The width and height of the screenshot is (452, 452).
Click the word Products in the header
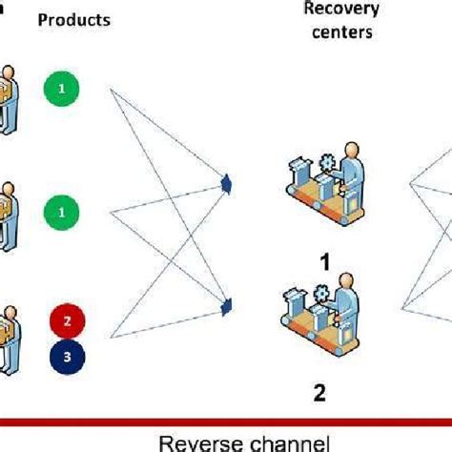click(72, 19)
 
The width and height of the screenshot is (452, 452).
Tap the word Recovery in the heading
click(340, 9)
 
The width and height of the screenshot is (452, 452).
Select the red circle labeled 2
click(66, 321)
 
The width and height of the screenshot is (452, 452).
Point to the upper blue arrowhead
click(226, 180)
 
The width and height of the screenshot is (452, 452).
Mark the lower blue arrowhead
click(226, 306)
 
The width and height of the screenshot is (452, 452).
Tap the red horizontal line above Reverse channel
click(226, 420)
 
